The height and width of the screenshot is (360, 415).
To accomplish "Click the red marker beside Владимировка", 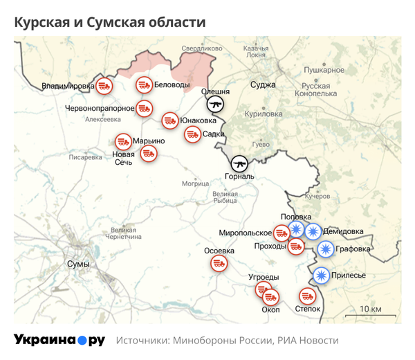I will (x=104, y=86).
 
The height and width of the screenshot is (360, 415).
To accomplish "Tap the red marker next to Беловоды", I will (x=143, y=85).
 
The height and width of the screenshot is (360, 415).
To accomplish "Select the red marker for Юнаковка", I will (x=169, y=120).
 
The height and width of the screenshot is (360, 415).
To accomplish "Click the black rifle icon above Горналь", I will (x=239, y=163).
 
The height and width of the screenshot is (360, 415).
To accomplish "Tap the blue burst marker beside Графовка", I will (x=325, y=249).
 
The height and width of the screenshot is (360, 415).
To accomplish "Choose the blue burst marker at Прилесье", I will (x=321, y=276).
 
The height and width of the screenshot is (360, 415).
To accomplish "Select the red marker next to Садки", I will (x=192, y=134).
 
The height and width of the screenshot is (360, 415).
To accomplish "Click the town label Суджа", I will (x=263, y=85).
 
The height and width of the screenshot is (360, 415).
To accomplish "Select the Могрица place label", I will (x=195, y=183).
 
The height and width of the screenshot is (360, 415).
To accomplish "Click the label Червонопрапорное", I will (x=99, y=108).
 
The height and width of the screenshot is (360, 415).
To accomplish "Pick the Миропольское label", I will (x=245, y=233).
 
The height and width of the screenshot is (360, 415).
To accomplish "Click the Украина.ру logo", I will (x=59, y=340).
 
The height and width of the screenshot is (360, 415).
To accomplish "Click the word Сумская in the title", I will (x=113, y=22).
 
